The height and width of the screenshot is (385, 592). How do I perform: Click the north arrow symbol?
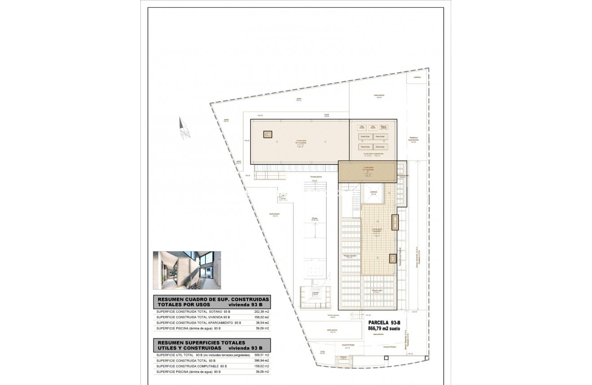183,128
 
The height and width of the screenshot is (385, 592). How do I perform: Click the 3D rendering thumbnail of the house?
187,270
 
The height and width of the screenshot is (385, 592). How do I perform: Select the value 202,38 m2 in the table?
261,311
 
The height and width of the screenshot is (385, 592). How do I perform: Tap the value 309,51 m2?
261,355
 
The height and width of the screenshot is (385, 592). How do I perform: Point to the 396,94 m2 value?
261,360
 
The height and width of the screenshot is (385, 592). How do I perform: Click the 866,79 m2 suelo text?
384,329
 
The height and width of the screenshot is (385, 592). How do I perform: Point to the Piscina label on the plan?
315,219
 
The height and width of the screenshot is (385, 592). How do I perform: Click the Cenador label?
316,293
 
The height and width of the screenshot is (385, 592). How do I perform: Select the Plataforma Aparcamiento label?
413,139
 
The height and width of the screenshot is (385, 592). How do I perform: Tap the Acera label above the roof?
327,115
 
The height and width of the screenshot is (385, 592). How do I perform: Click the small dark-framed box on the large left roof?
268,134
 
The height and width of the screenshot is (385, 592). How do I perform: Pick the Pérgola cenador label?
349,256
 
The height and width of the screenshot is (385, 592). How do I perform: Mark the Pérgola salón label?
376,291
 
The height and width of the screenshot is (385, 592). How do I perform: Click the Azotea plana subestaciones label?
372,155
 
